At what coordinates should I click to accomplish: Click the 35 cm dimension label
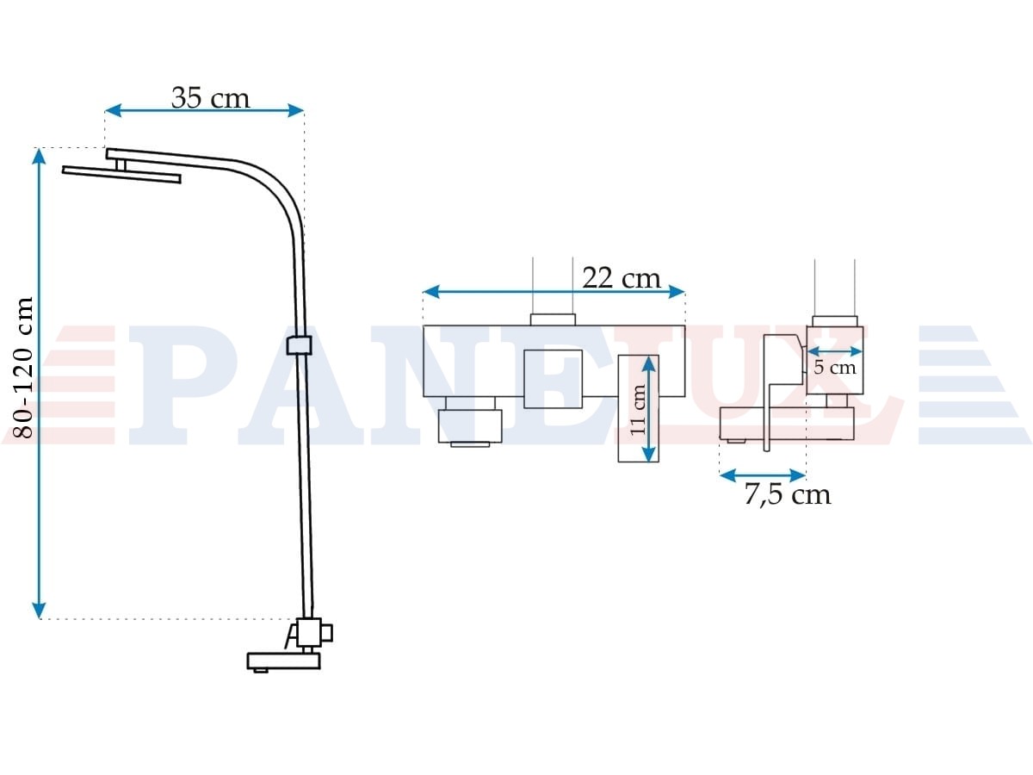coord(210,98)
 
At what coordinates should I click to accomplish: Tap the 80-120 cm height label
coord(23,368)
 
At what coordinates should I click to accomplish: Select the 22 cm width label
coord(622,278)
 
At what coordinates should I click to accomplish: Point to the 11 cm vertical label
coord(638,409)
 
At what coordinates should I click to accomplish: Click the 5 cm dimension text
coord(834,368)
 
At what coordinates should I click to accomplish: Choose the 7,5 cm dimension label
coord(788,495)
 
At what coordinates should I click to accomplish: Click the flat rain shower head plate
coord(121,174)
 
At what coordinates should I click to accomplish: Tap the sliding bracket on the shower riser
coord(300,345)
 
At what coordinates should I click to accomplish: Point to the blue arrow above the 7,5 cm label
coord(763,475)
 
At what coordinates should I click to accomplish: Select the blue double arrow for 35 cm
coord(204,110)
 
